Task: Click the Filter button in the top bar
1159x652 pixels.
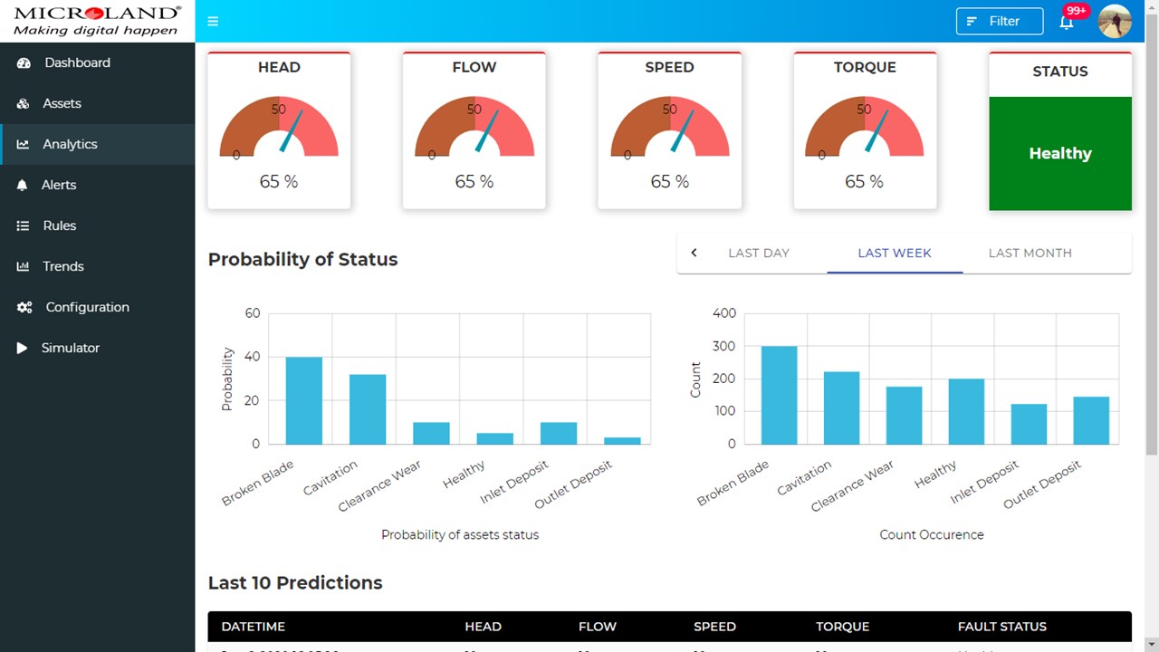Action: click(x=999, y=21)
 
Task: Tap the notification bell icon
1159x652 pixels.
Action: click(x=1067, y=22)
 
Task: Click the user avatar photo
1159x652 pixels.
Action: click(x=1115, y=21)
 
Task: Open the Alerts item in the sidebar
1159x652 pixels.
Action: click(x=59, y=185)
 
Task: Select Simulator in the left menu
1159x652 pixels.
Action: click(x=70, y=348)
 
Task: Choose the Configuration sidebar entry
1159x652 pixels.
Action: click(x=87, y=307)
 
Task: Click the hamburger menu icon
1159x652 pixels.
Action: click(x=213, y=21)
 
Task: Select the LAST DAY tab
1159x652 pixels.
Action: click(x=759, y=253)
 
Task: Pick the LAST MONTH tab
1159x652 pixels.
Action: click(x=1030, y=253)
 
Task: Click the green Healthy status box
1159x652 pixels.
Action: click(x=1060, y=153)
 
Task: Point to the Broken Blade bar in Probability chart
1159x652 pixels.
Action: click(x=304, y=400)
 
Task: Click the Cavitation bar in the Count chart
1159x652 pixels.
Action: click(x=841, y=407)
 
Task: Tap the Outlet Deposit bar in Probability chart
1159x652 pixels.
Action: click(x=622, y=440)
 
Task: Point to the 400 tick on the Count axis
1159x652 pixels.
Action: click(x=724, y=313)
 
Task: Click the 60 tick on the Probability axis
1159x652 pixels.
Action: click(x=252, y=313)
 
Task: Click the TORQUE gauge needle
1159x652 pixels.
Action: click(x=877, y=129)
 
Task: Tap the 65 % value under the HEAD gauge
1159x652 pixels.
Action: click(x=279, y=181)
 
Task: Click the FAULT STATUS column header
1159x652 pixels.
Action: click(x=1001, y=627)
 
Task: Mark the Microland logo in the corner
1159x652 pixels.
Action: click(x=97, y=20)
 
